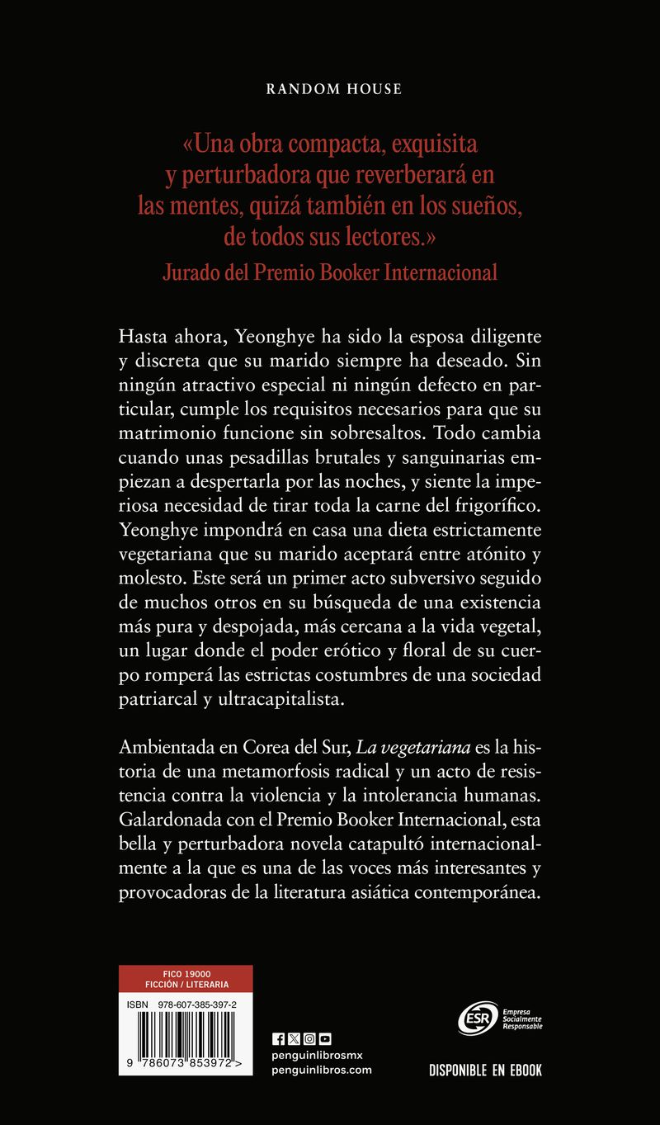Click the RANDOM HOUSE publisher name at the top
(x=334, y=89)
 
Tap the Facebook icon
(x=277, y=1039)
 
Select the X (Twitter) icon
(x=293, y=1039)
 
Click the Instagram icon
(x=309, y=1039)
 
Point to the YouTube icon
(x=325, y=1039)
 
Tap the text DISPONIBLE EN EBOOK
(x=485, y=1071)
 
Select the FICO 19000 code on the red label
(x=186, y=973)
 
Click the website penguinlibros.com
(x=322, y=1070)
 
